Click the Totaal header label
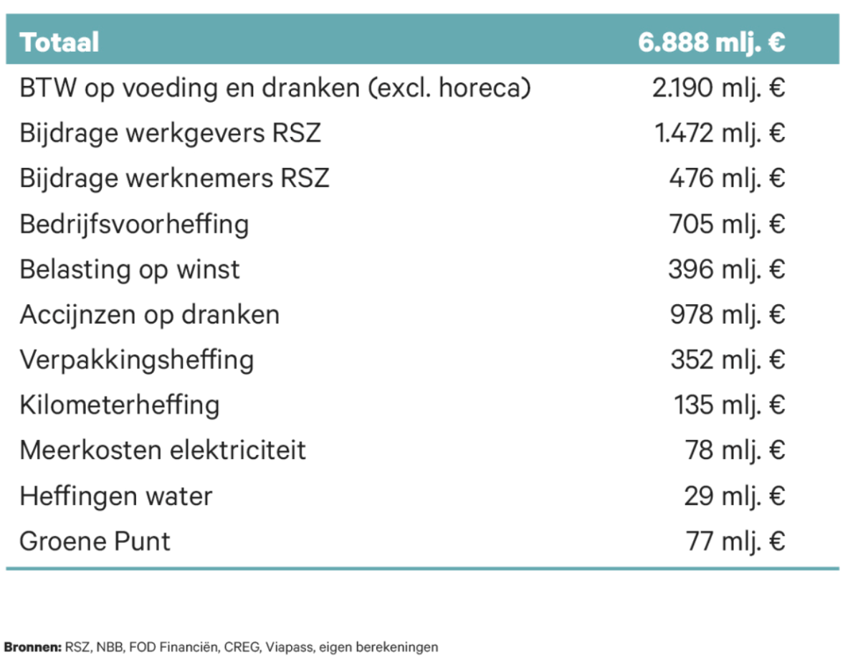(x=59, y=42)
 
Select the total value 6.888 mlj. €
(x=712, y=42)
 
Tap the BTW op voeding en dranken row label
(x=275, y=88)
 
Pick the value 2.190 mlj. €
(x=719, y=88)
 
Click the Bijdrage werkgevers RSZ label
(x=171, y=133)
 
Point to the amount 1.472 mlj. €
(x=720, y=133)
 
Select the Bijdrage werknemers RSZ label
(x=174, y=178)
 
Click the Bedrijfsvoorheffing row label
(x=134, y=224)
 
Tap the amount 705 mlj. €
(x=727, y=224)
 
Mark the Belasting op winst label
(x=130, y=269)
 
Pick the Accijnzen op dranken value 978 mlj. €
(x=727, y=314)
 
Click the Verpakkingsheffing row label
(x=136, y=359)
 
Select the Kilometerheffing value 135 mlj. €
(x=729, y=405)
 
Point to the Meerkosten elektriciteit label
(x=163, y=451)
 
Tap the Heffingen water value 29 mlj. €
(x=734, y=496)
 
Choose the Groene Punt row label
(x=95, y=541)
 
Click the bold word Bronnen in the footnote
(x=33, y=647)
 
